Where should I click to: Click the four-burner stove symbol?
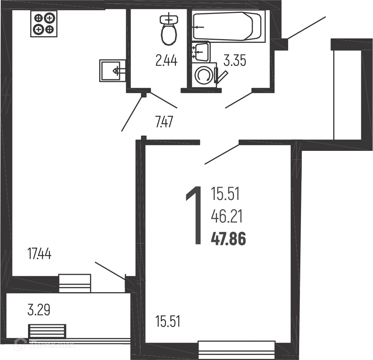44,24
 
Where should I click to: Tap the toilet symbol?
169,30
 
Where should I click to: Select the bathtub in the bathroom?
229,27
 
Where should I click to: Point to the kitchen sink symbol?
113,70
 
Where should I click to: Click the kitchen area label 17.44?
39,253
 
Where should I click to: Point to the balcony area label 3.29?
39,310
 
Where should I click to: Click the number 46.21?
227,217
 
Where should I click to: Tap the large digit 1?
194,215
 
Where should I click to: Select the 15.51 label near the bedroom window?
168,321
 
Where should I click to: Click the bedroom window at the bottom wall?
237,350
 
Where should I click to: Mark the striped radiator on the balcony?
47,331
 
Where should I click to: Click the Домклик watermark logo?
44,344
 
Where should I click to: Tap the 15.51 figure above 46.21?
225,194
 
